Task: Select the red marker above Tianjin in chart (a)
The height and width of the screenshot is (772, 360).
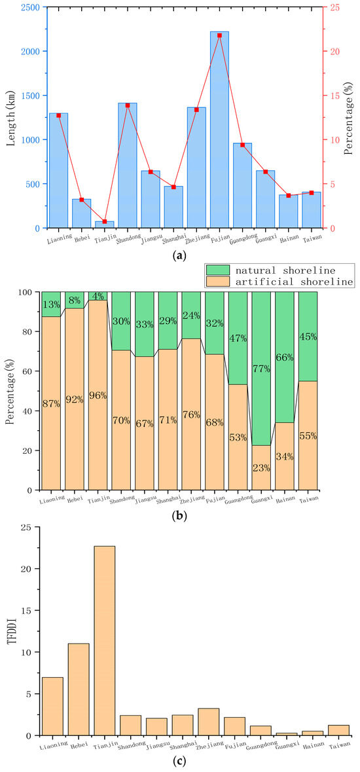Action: [x=104, y=221]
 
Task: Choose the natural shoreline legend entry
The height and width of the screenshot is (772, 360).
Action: [x=278, y=270]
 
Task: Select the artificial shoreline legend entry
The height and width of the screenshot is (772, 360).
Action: [x=278, y=282]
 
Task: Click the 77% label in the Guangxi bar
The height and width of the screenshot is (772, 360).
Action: [x=262, y=368]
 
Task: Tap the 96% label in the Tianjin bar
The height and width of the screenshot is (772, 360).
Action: [x=98, y=395]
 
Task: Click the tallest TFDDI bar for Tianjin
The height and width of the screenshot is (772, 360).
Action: [x=104, y=640]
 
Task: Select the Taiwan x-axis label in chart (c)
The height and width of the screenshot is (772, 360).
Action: [x=340, y=746]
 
